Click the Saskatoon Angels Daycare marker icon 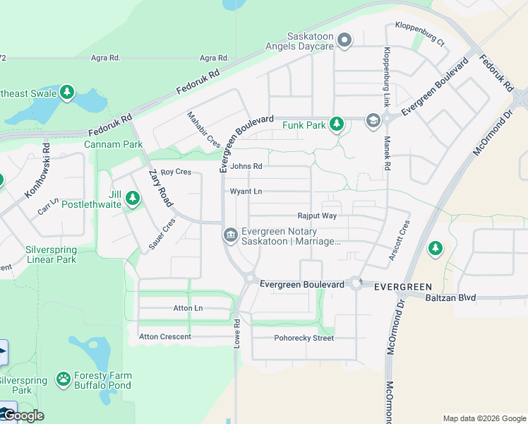(x=344, y=40)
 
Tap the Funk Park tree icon (x=337, y=124)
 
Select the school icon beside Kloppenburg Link (x=372, y=122)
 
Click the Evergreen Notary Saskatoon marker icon (x=230, y=235)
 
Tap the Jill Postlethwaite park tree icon (x=132, y=200)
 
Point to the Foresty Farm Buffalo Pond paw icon (x=64, y=379)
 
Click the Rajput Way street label (x=317, y=216)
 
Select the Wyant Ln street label (x=246, y=192)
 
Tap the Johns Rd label (x=246, y=167)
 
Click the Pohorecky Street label (x=304, y=338)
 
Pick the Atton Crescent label (x=165, y=336)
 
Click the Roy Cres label (x=176, y=172)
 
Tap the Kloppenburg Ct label (x=420, y=33)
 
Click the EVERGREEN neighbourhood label (x=402, y=286)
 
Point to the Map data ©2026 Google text (x=484, y=418)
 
